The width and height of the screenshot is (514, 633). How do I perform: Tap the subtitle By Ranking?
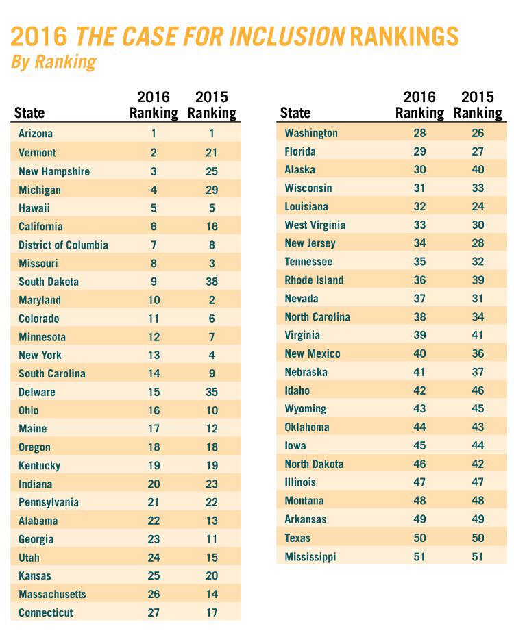click(x=53, y=62)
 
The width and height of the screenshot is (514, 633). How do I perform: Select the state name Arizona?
click(x=36, y=134)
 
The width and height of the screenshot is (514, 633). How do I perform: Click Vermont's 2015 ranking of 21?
click(x=212, y=152)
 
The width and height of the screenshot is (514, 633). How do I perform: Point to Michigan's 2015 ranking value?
click(x=212, y=189)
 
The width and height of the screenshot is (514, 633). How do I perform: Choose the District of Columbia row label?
click(x=63, y=245)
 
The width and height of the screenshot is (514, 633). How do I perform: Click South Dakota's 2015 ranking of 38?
click(x=212, y=282)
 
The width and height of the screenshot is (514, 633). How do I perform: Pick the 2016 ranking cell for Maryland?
click(x=154, y=300)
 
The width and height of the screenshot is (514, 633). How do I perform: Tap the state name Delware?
click(x=37, y=392)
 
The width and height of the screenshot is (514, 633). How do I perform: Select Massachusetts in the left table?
click(x=52, y=594)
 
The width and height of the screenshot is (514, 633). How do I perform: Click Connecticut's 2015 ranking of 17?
click(x=212, y=612)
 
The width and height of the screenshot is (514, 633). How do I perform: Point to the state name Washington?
click(x=311, y=133)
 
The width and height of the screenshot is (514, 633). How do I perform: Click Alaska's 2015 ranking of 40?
click(x=478, y=170)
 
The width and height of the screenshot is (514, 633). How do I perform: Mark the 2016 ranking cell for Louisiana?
click(x=419, y=206)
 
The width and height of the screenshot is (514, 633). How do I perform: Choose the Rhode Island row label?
click(x=314, y=280)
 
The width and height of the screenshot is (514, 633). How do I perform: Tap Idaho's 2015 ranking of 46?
click(x=478, y=390)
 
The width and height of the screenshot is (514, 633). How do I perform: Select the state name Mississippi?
click(x=310, y=556)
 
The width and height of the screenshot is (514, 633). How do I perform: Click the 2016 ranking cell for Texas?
click(x=419, y=538)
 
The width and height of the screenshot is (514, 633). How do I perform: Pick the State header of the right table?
click(x=295, y=113)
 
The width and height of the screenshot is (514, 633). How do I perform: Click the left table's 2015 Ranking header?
click(x=212, y=105)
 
